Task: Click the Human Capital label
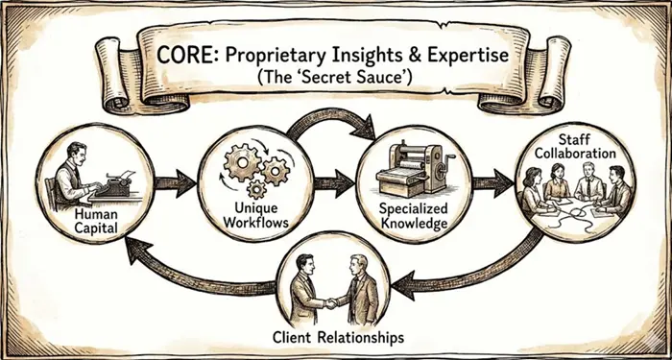pos(95,221)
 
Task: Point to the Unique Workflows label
pos(256,216)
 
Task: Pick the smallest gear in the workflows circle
pos(256,189)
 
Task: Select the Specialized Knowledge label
pos(414,216)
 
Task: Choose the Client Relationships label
pos(339,337)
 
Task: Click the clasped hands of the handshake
pos(331,303)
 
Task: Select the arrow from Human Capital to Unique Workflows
pos(175,183)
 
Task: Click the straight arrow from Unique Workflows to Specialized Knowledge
pos(334,183)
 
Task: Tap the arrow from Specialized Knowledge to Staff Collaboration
pos(492,183)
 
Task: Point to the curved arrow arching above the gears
pos(330,115)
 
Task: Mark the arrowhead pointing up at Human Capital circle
pos(136,250)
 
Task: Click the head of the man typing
pos(76,152)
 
